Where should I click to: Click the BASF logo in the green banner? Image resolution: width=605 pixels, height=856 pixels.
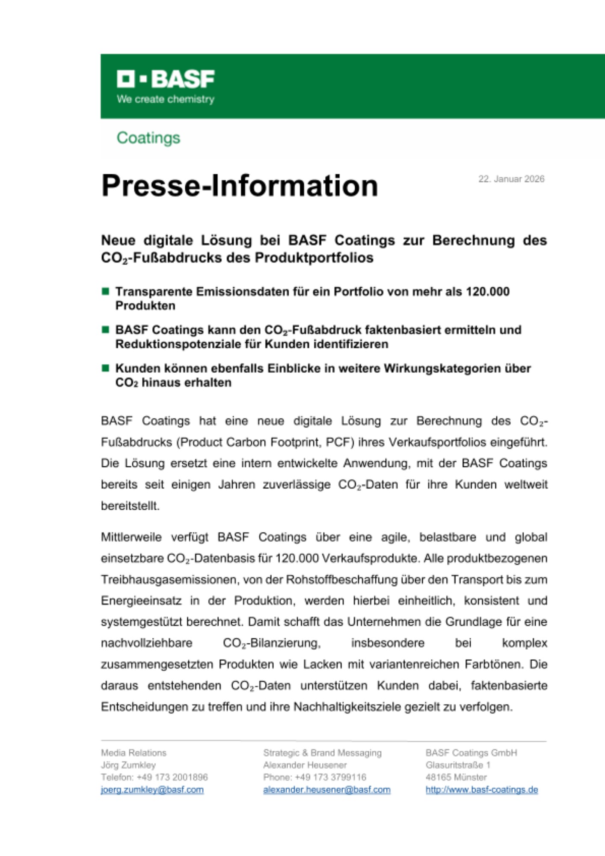tap(166, 79)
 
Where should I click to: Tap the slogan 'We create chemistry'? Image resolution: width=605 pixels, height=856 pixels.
tap(166, 99)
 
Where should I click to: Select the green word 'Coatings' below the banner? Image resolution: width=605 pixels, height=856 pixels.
tap(148, 138)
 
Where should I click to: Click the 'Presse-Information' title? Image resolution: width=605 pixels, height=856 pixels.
tap(240, 186)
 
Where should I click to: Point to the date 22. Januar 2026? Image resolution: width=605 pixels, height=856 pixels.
tap(511, 179)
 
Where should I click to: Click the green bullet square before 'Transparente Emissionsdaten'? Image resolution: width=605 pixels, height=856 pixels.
tap(105, 291)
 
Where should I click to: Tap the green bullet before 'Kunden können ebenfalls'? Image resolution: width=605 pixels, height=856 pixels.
tap(105, 368)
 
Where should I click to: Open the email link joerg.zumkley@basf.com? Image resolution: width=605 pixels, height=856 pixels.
tap(152, 790)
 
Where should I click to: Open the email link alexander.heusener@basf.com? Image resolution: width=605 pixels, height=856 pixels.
tap(327, 790)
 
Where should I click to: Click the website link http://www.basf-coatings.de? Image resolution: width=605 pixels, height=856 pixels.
tap(482, 790)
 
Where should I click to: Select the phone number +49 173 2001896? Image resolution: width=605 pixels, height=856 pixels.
tap(172, 777)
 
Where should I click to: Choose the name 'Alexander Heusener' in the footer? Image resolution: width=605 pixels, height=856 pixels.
tap(305, 765)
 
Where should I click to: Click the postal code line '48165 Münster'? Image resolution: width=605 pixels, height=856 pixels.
tap(456, 777)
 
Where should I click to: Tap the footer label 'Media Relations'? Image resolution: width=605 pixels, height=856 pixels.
tap(133, 752)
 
